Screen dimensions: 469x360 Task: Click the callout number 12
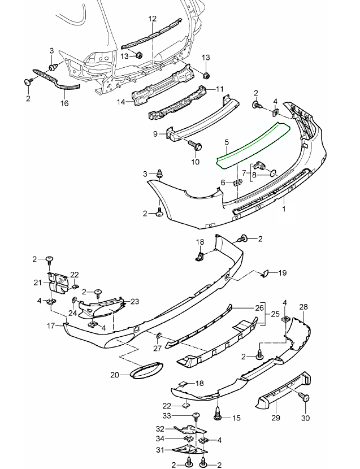(x=152, y=19)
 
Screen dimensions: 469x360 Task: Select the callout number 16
(x=64, y=104)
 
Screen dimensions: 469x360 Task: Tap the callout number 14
(x=120, y=102)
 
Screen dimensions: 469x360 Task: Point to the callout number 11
(x=220, y=89)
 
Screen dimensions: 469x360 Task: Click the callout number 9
(x=154, y=134)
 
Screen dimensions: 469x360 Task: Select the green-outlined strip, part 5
(x=254, y=146)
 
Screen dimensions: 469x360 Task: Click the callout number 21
(x=38, y=282)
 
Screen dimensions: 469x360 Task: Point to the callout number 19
(x=283, y=273)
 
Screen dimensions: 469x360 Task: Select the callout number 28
(x=303, y=306)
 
